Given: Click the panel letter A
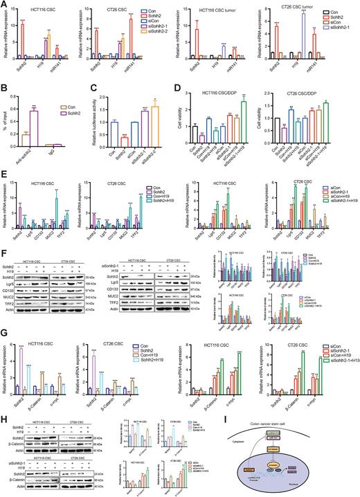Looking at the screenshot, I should [x=6, y=5].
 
